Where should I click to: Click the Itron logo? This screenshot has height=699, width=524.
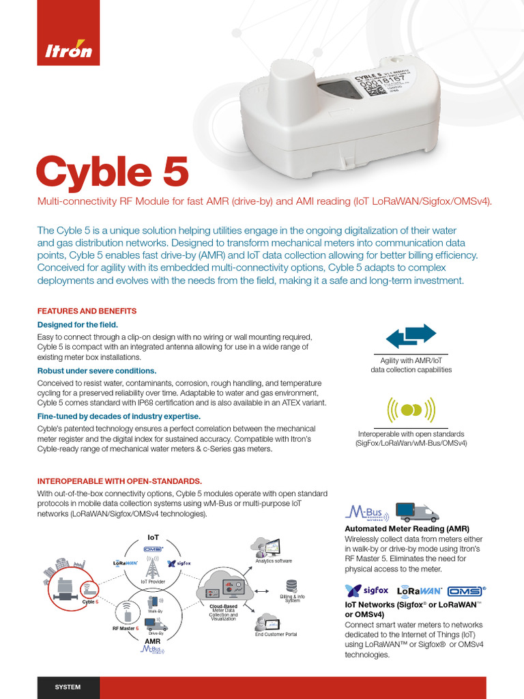pyautogui.click(x=69, y=51)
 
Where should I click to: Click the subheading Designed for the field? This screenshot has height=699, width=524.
pyautogui.click(x=77, y=324)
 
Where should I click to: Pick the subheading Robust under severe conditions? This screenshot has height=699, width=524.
pyautogui.click(x=96, y=371)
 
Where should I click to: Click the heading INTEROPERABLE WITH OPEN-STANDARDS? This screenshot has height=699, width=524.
pyautogui.click(x=119, y=481)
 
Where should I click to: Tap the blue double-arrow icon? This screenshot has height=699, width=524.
pyautogui.click(x=411, y=337)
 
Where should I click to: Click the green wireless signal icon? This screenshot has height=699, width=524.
pyautogui.click(x=411, y=409)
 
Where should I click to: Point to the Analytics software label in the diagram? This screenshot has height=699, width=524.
pyautogui.click(x=274, y=560)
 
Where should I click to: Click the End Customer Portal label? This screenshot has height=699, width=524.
pyautogui.click(x=276, y=634)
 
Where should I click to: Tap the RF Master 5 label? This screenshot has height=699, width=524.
pyautogui.click(x=126, y=627)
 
